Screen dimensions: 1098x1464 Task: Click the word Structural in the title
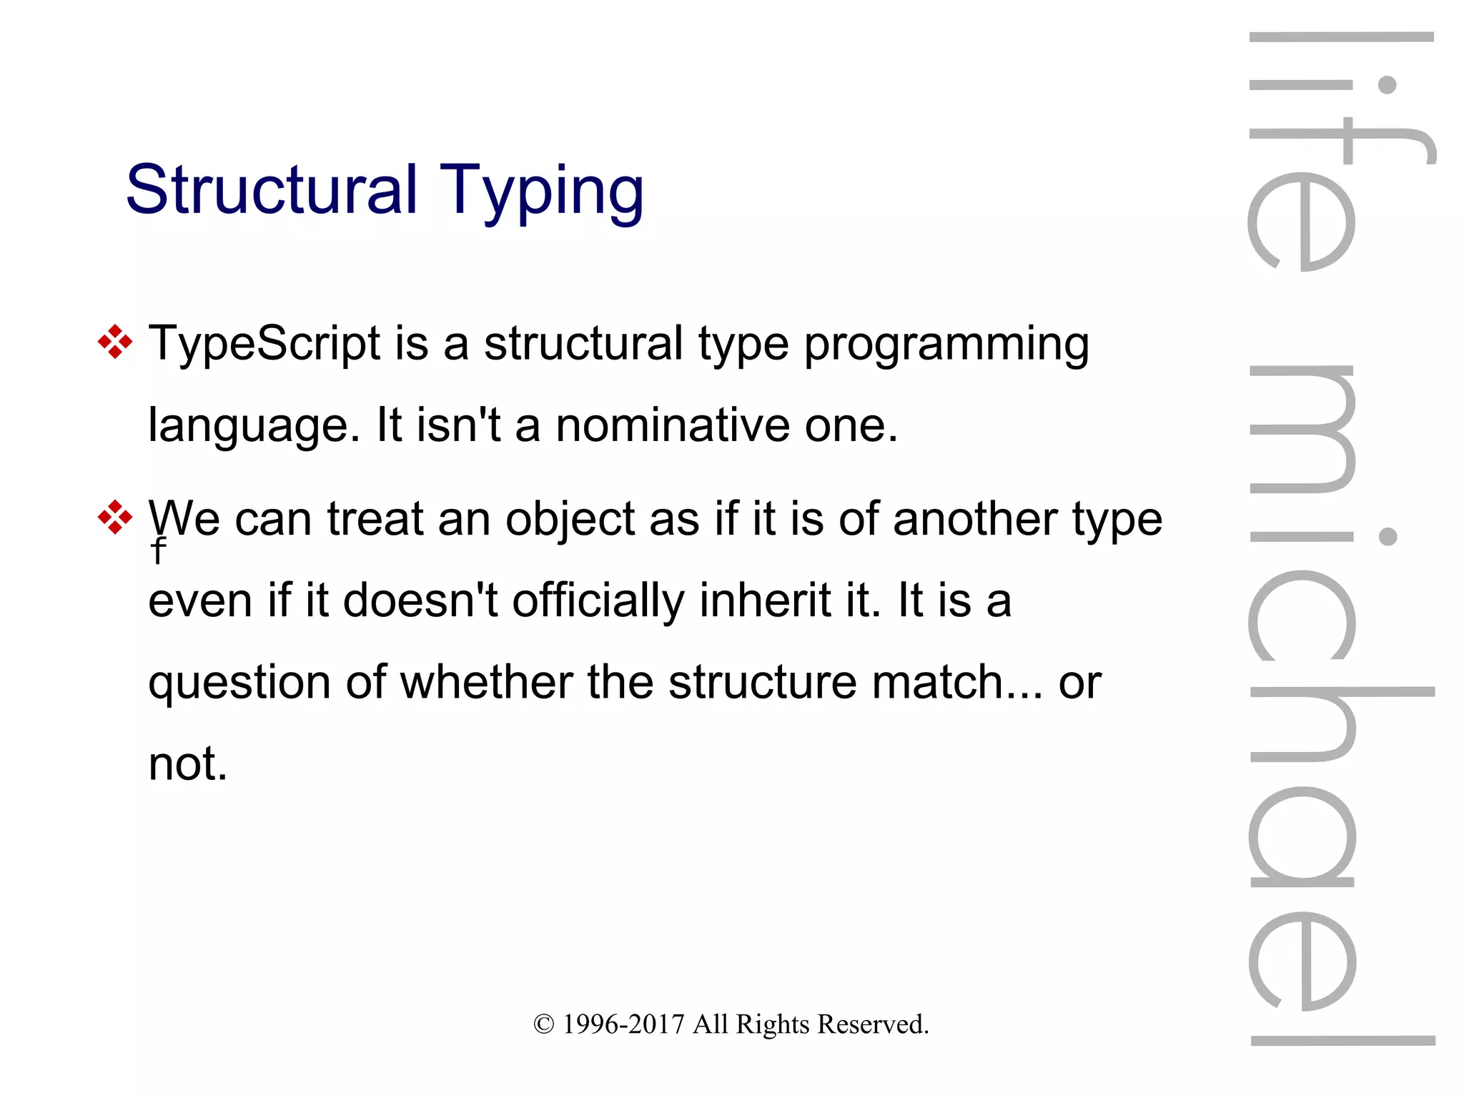271,190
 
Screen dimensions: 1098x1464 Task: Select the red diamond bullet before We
115,517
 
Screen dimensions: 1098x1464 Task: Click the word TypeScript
264,344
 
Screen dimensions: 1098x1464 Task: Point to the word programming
946,345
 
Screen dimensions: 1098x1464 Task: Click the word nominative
672,425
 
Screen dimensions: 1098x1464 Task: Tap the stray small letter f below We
158,551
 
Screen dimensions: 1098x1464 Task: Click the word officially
598,601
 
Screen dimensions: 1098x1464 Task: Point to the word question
239,683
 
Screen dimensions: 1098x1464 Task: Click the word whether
486,682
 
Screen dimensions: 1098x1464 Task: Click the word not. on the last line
187,764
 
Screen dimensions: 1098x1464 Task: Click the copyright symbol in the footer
543,1024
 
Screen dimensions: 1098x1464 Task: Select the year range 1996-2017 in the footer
623,1024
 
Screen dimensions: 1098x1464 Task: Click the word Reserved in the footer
872,1024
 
